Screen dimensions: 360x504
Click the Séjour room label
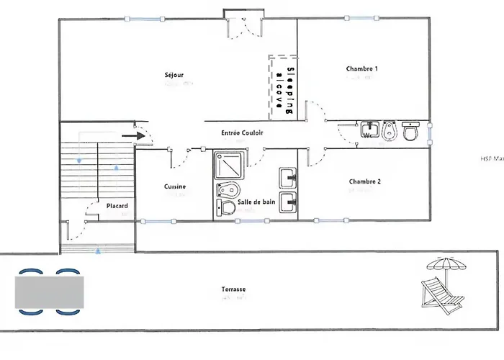(174, 74)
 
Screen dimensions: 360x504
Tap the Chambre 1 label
(361, 69)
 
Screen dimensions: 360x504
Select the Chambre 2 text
(364, 181)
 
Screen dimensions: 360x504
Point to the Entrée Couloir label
(243, 133)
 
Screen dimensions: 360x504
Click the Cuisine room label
(175, 186)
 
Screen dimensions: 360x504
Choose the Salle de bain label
(256, 204)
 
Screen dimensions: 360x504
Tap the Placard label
(117, 206)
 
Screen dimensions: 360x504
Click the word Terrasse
(234, 290)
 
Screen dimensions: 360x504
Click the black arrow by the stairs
(130, 134)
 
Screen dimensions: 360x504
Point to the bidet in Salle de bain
(227, 190)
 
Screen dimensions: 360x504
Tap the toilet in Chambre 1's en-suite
(411, 132)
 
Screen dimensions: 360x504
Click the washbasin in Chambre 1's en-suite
(370, 130)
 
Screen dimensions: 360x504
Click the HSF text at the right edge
(491, 160)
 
